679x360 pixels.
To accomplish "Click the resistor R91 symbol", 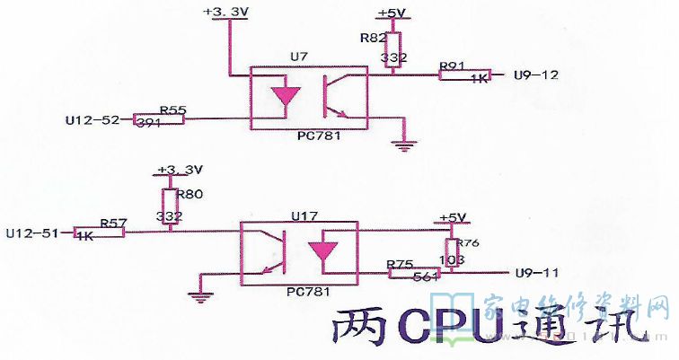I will click(465, 75).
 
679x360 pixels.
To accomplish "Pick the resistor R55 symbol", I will click(158, 119).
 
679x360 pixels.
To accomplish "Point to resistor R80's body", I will click(170, 205).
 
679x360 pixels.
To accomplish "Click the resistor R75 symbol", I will click(414, 272).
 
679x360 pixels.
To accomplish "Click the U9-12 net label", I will click(536, 75).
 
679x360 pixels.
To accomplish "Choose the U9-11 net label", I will click(536, 272).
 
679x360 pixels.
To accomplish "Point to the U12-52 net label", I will click(93, 119).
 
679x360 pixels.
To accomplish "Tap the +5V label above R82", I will click(391, 13).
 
